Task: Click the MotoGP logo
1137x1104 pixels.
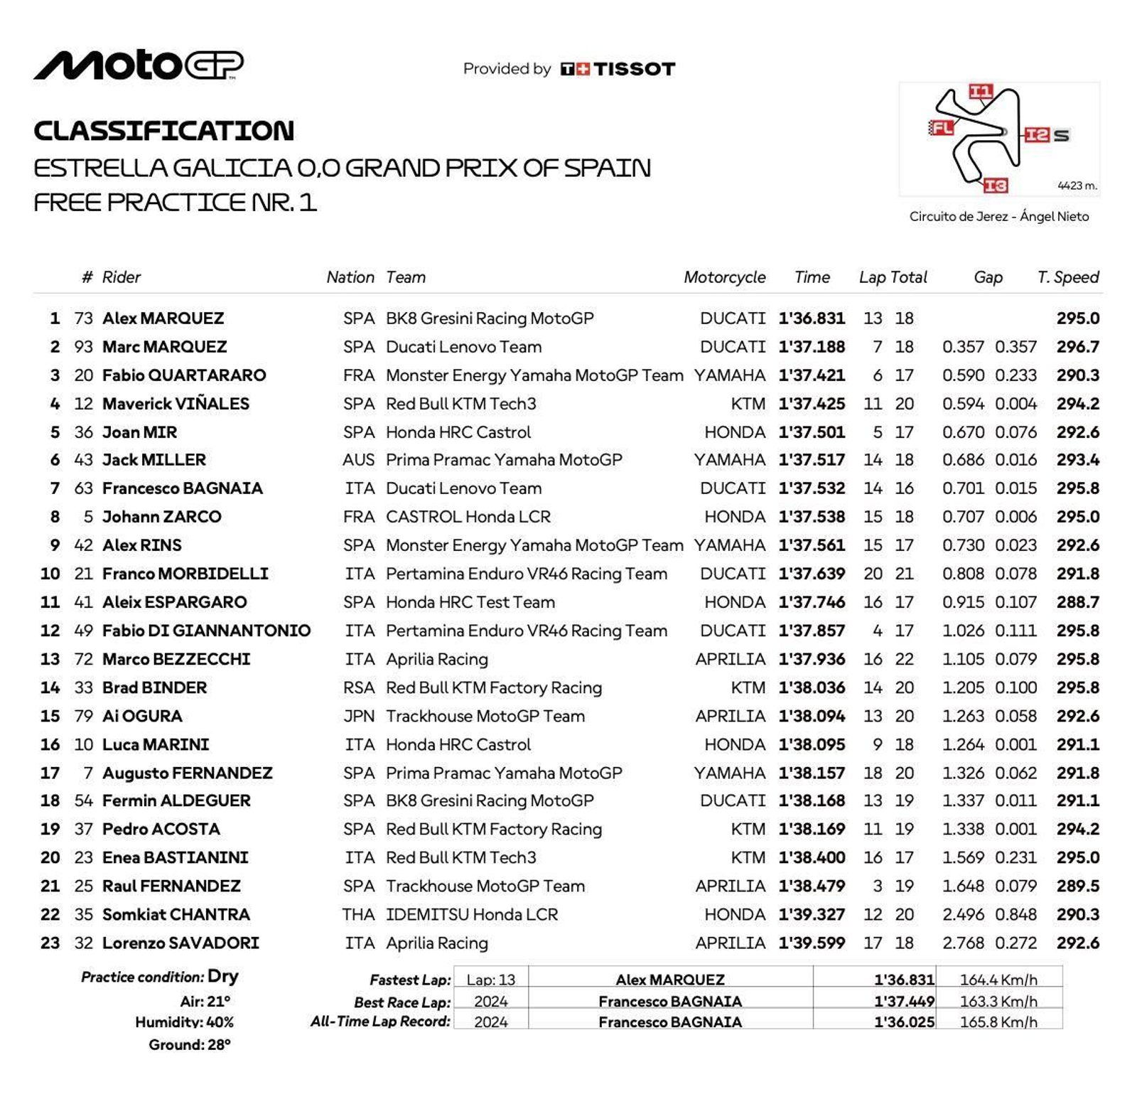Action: tap(139, 65)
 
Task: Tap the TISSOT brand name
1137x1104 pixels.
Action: tap(634, 69)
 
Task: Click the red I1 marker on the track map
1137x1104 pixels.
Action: tap(981, 91)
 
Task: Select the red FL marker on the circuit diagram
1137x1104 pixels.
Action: tap(942, 128)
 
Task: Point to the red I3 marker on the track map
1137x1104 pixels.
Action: tap(996, 186)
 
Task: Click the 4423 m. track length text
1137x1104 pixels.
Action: tap(1077, 186)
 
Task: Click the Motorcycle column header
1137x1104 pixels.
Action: tap(724, 277)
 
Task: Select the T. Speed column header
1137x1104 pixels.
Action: tap(1067, 277)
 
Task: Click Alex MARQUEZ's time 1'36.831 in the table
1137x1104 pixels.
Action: tap(812, 318)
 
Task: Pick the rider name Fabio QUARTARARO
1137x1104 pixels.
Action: tap(184, 375)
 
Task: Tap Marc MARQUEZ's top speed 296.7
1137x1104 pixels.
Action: tap(1077, 347)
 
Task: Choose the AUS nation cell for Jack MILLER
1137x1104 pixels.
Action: tap(358, 460)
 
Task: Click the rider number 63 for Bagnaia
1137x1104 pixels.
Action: tap(84, 488)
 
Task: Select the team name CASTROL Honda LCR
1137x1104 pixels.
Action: tap(468, 517)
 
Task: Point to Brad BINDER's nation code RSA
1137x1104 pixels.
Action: tap(359, 687)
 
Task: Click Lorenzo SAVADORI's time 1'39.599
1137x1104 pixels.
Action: tap(812, 943)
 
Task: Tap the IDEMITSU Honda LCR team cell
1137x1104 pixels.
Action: tap(471, 915)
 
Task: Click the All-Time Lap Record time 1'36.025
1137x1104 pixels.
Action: tap(904, 1022)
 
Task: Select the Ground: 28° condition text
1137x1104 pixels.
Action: tap(190, 1045)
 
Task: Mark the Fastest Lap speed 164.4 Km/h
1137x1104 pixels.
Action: tap(998, 980)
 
